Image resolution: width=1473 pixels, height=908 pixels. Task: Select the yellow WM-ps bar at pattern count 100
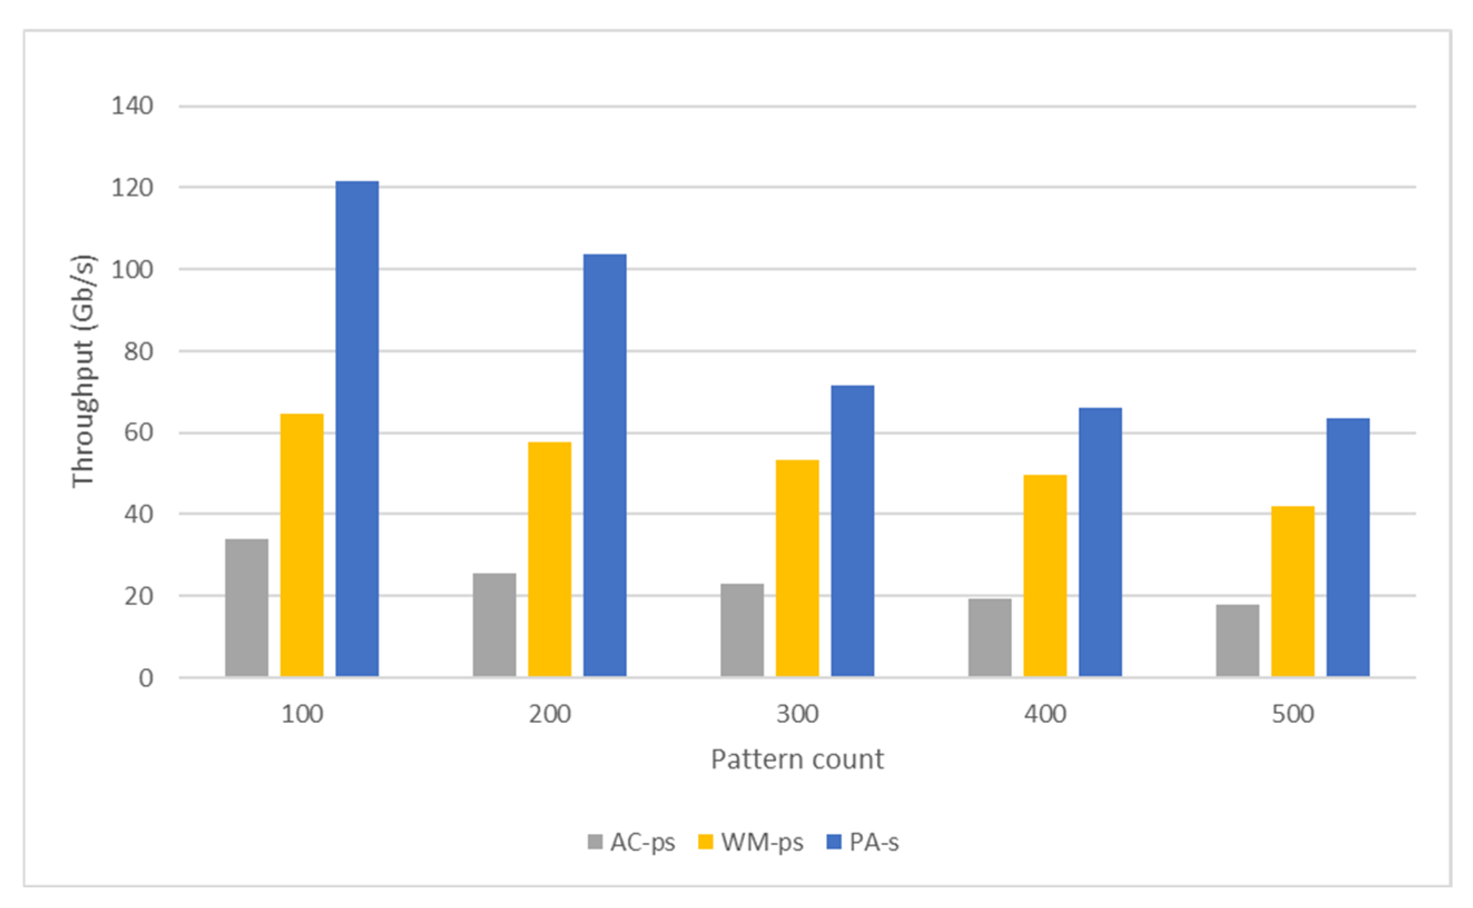point(301,545)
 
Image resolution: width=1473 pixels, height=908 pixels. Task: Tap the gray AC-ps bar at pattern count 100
point(246,608)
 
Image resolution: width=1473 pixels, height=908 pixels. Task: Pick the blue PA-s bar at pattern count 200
point(604,465)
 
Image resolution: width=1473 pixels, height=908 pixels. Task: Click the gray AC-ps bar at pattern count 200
point(494,625)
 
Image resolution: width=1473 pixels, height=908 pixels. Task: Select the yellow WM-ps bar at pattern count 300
point(797,568)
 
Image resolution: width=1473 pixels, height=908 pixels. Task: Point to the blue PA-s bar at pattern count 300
point(852,531)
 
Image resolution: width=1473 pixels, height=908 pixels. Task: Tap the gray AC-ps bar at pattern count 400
point(990,638)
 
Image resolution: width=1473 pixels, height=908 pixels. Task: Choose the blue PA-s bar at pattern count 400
point(1100,542)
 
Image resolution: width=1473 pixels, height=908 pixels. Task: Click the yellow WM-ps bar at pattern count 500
point(1292,592)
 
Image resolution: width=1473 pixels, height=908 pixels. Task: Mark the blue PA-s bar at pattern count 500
point(1347,548)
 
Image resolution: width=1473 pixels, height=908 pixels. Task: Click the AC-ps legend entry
point(631,842)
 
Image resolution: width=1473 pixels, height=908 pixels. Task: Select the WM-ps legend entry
point(750,842)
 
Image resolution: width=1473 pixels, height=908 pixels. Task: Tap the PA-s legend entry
point(863,842)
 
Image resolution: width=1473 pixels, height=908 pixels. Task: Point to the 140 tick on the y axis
point(132,106)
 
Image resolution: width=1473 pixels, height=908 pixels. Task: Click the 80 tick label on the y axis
point(138,351)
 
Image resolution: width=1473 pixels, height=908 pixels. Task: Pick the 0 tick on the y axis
point(145,678)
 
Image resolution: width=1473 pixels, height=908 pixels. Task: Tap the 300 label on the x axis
point(797,714)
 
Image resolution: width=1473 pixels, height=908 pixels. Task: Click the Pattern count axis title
point(797,760)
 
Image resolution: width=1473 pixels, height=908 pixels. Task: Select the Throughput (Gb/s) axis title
point(83,371)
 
